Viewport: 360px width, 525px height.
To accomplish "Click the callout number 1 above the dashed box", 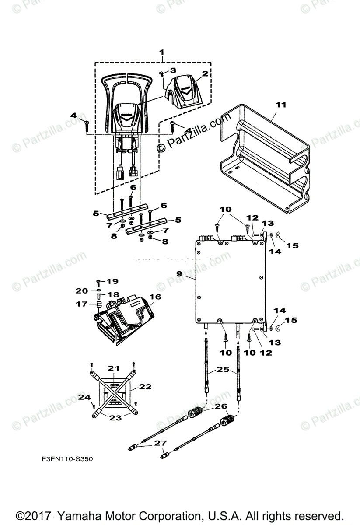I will [x=162, y=53].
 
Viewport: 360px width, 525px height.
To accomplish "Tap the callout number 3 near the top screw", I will [x=173, y=70].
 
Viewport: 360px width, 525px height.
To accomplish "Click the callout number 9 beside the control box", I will [x=179, y=273].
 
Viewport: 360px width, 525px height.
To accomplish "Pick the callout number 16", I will [x=155, y=297].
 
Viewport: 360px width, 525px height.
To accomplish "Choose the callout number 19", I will [x=112, y=280].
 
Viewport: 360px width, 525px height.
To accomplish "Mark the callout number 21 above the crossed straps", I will [x=114, y=368].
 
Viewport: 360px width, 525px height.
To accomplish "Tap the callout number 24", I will [x=84, y=397].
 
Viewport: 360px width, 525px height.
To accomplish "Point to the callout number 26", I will [x=221, y=406].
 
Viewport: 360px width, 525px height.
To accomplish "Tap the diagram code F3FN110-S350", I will [x=67, y=459].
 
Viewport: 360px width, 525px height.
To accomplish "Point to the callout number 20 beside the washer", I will [x=82, y=290].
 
